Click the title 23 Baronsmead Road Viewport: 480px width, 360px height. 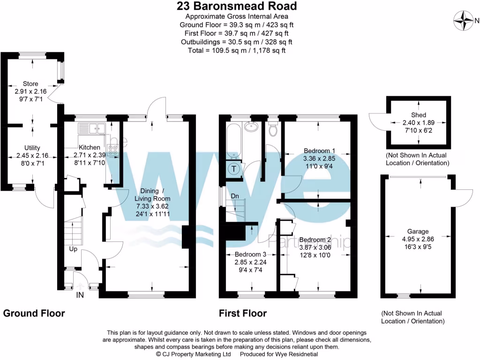point(237,6)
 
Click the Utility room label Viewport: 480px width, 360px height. point(32,148)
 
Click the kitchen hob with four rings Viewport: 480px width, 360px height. point(113,150)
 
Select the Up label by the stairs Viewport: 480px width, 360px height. point(73,249)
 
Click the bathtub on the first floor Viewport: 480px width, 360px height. point(233,141)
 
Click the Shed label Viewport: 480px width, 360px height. point(419,115)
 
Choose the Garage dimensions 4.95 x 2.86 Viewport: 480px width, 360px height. point(418,239)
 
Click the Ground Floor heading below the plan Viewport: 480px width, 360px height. point(34,313)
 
